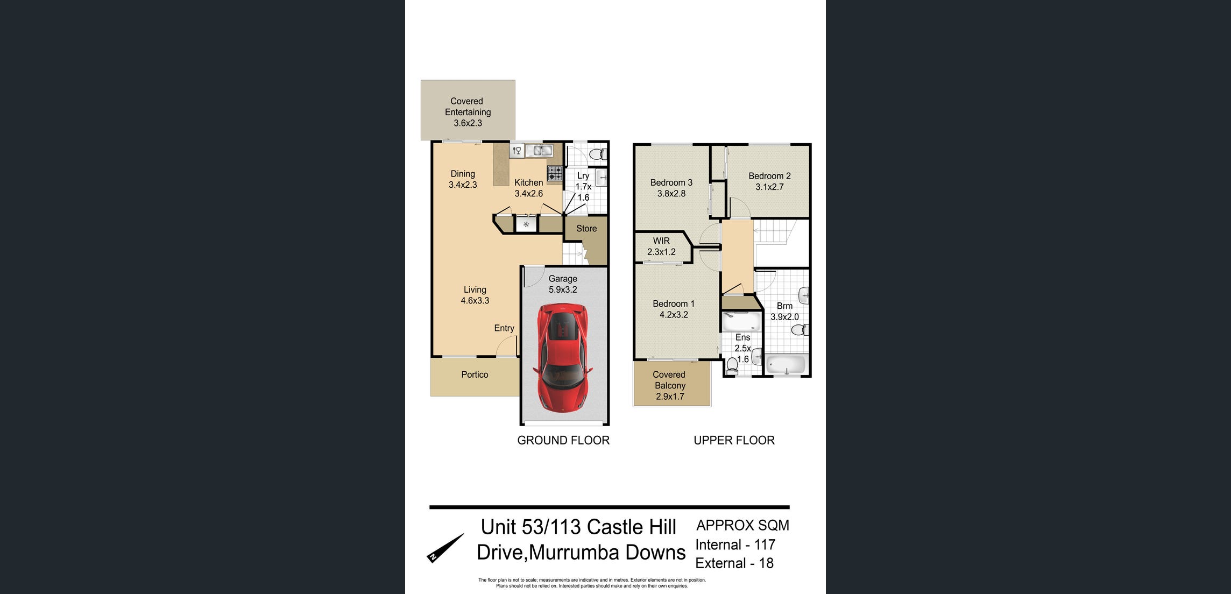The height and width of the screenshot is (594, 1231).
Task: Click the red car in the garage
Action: tap(562, 357)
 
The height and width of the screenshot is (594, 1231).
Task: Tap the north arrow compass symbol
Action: tap(445, 548)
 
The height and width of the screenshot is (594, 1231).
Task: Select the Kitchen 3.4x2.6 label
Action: tap(528, 188)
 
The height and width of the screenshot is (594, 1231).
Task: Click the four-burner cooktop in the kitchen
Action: tap(555, 173)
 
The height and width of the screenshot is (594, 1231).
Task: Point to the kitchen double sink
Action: tap(539, 151)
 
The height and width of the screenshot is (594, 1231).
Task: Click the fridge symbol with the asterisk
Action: tap(526, 224)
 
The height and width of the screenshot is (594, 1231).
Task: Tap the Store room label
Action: tap(586, 229)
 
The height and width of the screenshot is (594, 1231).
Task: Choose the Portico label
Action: tap(475, 374)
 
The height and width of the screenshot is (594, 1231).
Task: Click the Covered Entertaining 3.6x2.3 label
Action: tap(468, 112)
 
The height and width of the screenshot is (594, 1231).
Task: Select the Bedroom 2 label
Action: tap(769, 181)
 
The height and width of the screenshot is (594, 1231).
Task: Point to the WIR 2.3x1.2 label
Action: tap(661, 246)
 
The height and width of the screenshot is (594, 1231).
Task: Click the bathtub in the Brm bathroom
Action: tap(786, 365)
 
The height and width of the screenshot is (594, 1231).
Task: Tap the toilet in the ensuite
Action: tap(732, 366)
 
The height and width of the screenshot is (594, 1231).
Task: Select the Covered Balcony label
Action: tap(670, 385)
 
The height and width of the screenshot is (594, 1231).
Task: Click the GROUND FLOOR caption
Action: tap(563, 440)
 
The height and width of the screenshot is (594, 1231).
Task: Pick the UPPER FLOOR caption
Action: tap(734, 440)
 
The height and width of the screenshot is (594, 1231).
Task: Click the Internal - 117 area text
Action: tap(735, 544)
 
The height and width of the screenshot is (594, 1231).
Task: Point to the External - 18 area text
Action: tap(734, 563)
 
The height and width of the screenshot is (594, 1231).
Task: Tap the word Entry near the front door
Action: tap(504, 328)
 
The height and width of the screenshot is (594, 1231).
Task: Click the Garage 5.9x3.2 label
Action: tap(563, 284)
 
